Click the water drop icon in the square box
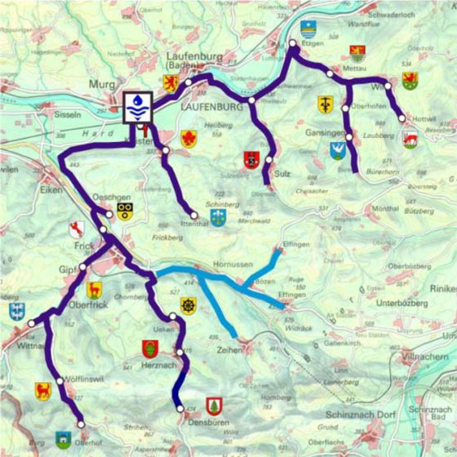click(x=137, y=105)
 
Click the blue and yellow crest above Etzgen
click(x=308, y=30)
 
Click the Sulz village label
click(x=283, y=175)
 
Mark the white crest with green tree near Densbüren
click(x=215, y=405)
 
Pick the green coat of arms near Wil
click(x=410, y=79)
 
